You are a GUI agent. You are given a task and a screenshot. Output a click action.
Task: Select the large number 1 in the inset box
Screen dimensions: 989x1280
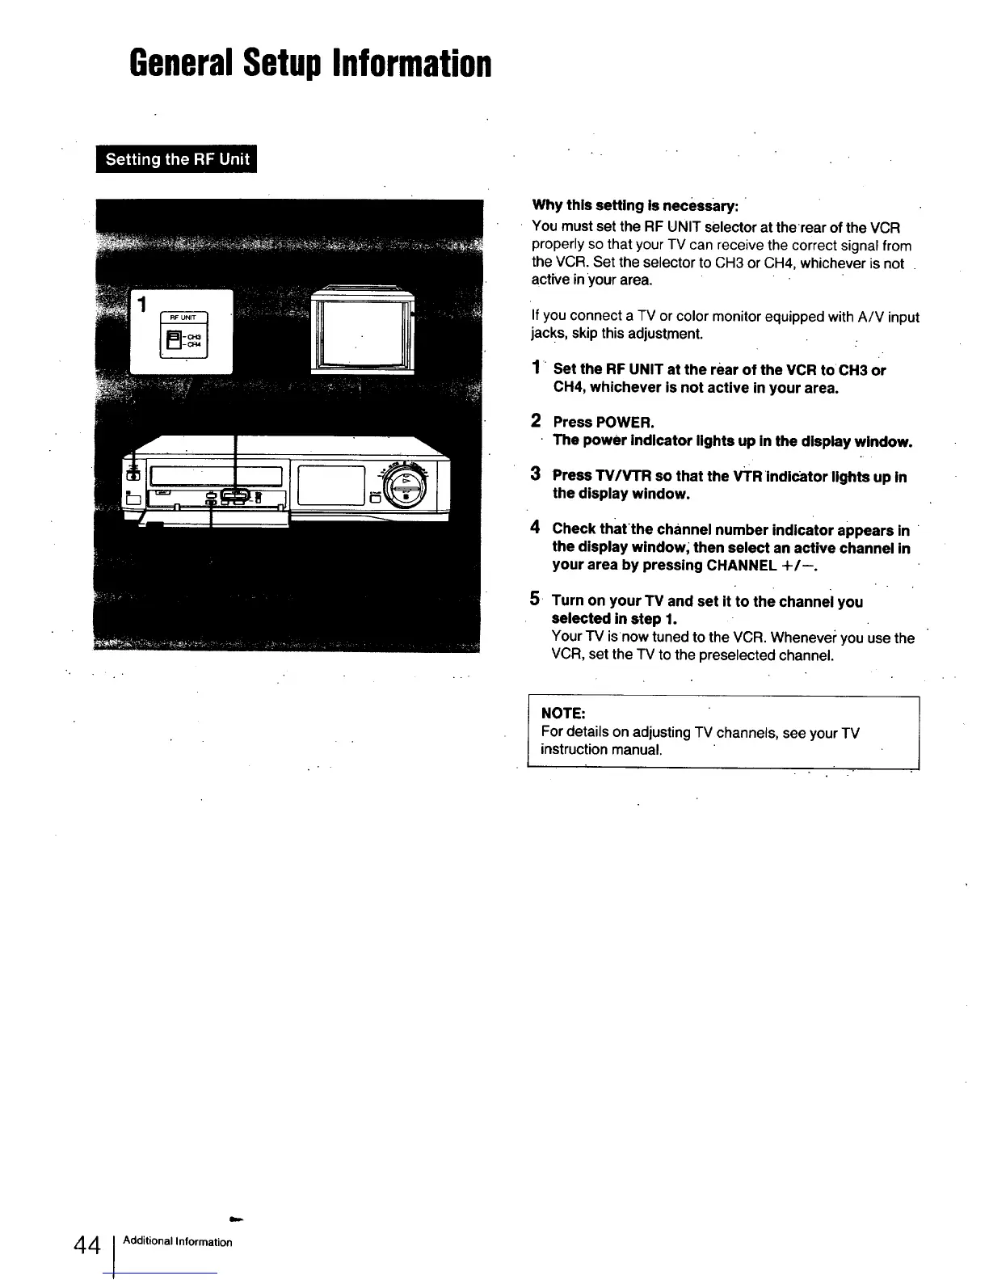click(142, 305)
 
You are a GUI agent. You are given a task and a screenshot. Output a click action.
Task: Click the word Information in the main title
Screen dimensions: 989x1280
click(412, 63)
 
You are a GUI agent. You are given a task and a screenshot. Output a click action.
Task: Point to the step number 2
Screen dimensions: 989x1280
click(536, 421)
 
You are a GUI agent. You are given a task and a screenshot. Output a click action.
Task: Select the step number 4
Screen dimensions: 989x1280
click(535, 528)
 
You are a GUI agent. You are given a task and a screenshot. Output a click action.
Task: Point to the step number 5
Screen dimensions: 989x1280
click(535, 600)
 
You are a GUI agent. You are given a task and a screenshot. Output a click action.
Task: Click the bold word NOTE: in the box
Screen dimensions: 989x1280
click(562, 714)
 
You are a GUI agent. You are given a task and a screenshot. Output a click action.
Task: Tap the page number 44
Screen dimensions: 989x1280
click(85, 1244)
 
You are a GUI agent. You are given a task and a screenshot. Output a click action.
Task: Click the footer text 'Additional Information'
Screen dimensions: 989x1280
click(178, 1242)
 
